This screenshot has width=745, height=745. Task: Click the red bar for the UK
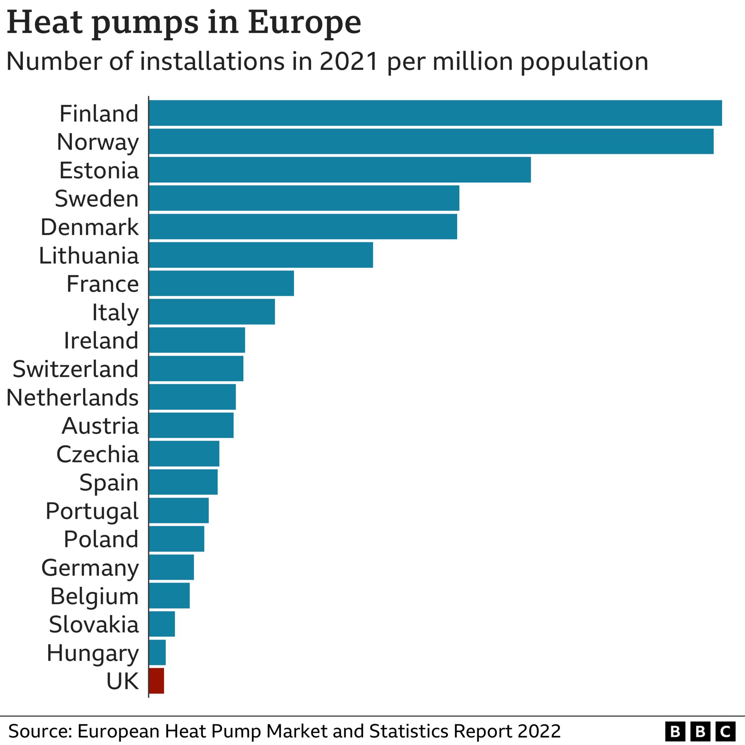click(x=156, y=681)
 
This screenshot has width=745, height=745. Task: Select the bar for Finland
click(x=435, y=113)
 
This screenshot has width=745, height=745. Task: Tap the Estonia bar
click(x=340, y=170)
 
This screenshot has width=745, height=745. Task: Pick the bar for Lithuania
click(x=261, y=255)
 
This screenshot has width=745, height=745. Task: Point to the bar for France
click(x=221, y=283)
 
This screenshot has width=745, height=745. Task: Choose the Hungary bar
click(x=157, y=653)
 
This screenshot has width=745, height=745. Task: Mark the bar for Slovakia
click(x=162, y=624)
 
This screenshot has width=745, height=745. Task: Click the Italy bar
click(x=212, y=312)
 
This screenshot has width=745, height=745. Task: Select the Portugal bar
click(x=179, y=510)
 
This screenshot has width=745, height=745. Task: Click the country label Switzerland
click(x=76, y=369)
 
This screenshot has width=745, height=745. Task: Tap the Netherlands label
click(x=72, y=398)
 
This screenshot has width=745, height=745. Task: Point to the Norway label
click(x=97, y=142)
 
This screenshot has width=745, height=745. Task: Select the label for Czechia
click(x=97, y=454)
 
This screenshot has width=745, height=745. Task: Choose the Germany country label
click(x=90, y=568)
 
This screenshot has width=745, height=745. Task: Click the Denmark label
click(x=89, y=227)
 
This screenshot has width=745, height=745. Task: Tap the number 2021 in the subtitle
click(x=348, y=61)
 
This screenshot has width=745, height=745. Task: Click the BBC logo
click(x=700, y=732)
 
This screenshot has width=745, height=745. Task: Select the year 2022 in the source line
click(x=539, y=731)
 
